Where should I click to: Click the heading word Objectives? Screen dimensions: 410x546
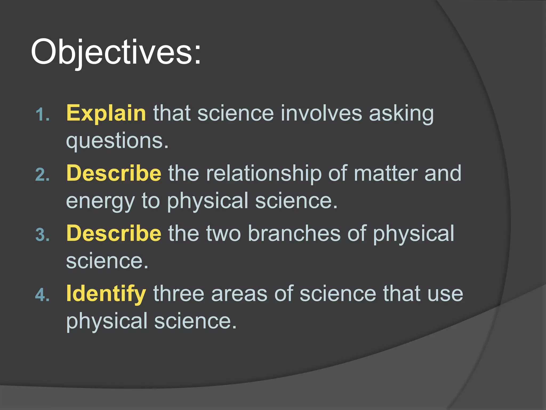(111, 52)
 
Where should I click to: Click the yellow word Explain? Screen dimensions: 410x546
(106, 113)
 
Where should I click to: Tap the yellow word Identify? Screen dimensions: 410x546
(106, 294)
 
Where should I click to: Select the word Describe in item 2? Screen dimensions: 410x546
(114, 173)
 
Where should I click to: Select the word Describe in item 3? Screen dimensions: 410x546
(114, 233)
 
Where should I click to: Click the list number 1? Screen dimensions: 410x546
(43, 115)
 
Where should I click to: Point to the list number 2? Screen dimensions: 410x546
(43, 175)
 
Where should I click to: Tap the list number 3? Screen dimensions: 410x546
(43, 235)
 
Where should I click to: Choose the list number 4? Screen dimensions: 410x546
(43, 295)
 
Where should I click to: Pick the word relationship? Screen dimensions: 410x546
(264, 174)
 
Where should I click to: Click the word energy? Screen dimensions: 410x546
(100, 202)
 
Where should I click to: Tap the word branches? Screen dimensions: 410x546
(294, 233)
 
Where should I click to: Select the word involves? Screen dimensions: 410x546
(321, 113)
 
